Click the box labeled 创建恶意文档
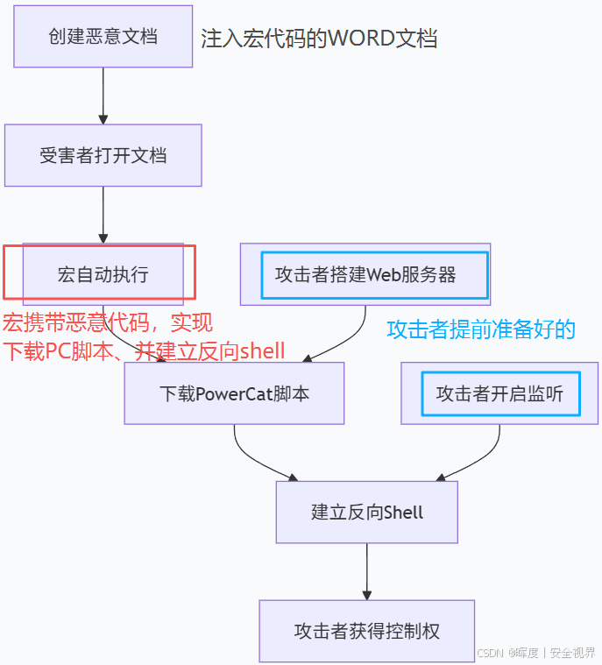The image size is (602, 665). coord(103,37)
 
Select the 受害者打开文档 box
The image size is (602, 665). coord(103,156)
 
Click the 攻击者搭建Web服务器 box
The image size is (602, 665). coord(365,274)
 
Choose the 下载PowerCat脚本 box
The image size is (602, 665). coord(234,393)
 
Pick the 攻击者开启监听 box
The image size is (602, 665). coord(499,393)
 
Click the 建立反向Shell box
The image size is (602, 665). coord(366,513)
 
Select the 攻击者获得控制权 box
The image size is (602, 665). coord(366,631)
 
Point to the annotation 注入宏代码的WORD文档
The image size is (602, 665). coord(319,39)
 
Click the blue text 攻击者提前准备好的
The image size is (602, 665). coord(481,329)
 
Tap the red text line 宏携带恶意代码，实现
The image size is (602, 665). coord(107,322)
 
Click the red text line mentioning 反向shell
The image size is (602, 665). coord(144,351)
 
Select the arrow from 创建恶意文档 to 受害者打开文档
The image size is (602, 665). coord(103,96)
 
